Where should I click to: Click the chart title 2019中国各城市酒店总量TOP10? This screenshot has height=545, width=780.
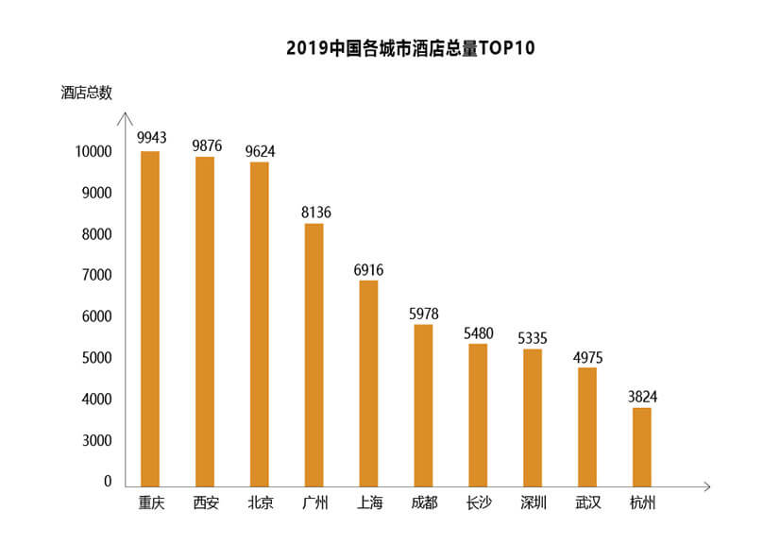[x=410, y=48]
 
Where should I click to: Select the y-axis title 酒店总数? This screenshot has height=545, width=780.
[x=87, y=93]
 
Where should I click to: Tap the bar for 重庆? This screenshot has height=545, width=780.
[x=150, y=318]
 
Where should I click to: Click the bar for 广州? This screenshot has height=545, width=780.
[x=314, y=355]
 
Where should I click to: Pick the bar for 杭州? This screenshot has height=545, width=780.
[x=641, y=447]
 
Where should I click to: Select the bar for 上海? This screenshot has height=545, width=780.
[x=368, y=383]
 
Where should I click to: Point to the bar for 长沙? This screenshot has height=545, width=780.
[x=478, y=415]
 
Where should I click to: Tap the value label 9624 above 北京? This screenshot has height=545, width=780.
[x=260, y=150]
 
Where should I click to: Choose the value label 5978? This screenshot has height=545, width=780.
[x=424, y=313]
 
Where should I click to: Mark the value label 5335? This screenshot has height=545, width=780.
[x=533, y=337]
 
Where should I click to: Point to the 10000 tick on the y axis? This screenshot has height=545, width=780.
[x=94, y=152]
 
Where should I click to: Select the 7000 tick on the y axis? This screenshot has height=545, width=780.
[x=97, y=276]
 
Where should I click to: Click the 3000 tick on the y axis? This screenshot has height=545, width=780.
[x=97, y=441]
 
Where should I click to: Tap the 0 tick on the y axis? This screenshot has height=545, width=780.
[x=108, y=482]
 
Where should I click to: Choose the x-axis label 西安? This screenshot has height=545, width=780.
[x=206, y=503]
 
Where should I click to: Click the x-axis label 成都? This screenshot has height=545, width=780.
[x=424, y=503]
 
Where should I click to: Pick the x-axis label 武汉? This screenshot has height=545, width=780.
[x=587, y=503]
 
